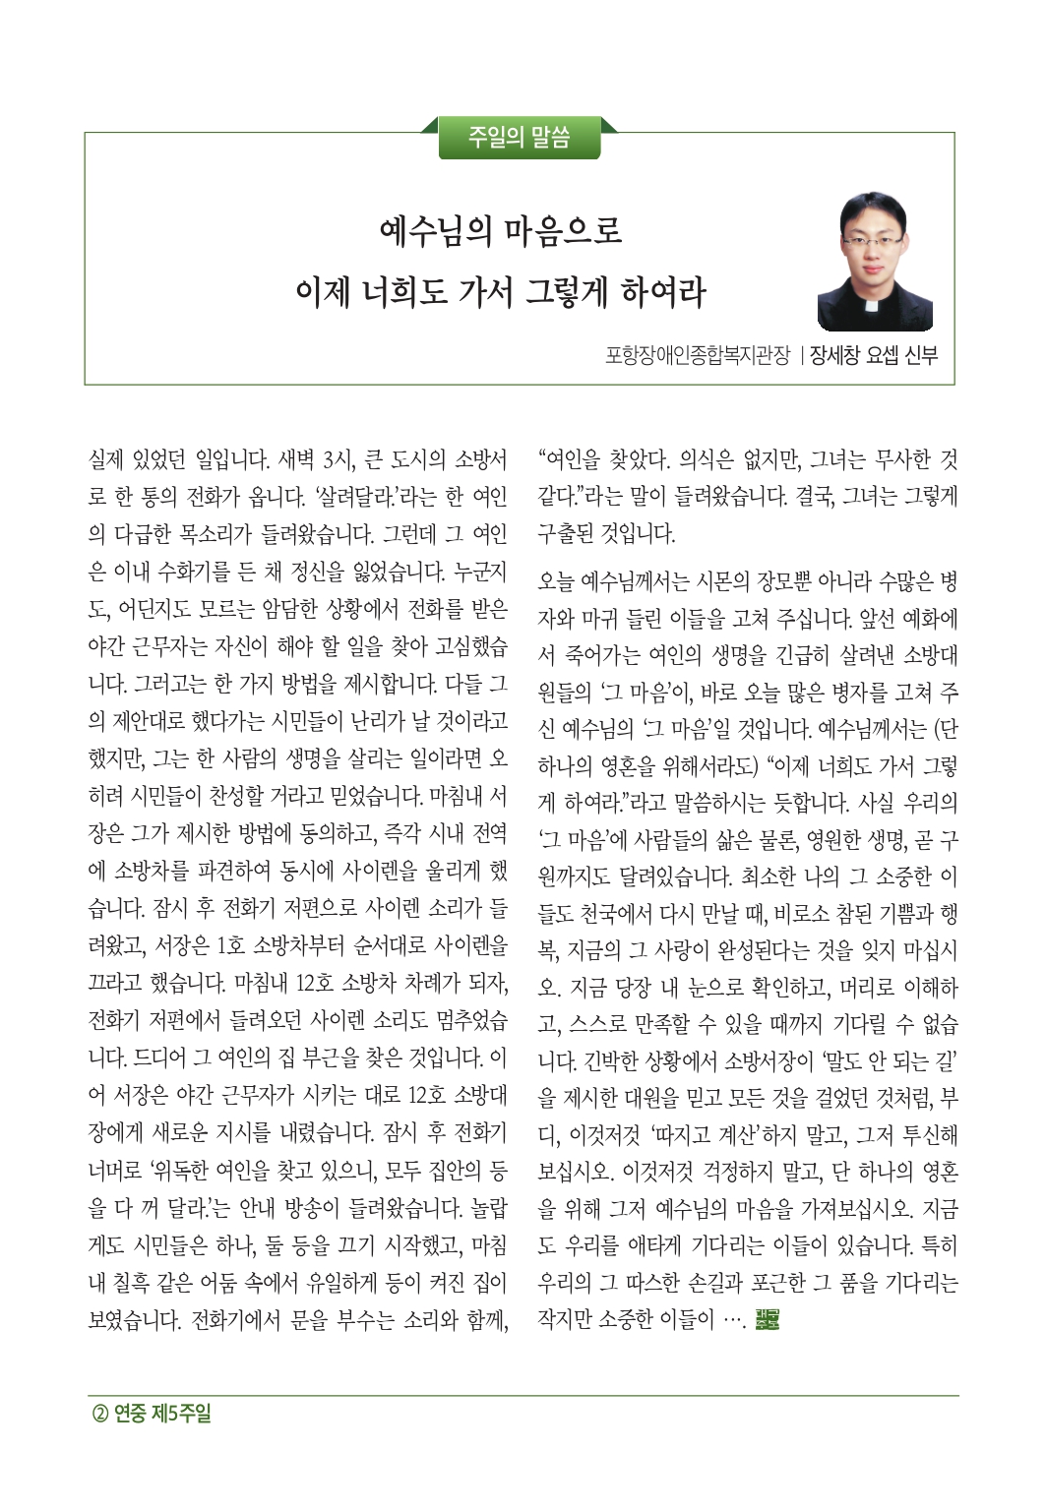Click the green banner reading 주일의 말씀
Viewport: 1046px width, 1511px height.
(x=519, y=137)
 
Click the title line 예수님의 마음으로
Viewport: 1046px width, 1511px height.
(x=501, y=232)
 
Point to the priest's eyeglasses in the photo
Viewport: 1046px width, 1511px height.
(x=873, y=240)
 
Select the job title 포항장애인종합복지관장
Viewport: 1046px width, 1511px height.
(x=697, y=355)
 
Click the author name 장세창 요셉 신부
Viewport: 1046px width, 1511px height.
(x=873, y=355)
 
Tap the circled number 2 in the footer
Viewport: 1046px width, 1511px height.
(x=99, y=1414)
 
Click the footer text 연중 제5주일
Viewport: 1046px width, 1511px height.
(x=162, y=1414)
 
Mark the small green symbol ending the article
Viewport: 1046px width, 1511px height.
(x=768, y=1320)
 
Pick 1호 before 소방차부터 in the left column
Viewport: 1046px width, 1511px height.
(x=230, y=946)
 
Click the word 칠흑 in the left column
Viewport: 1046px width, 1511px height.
(x=159, y=1283)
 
